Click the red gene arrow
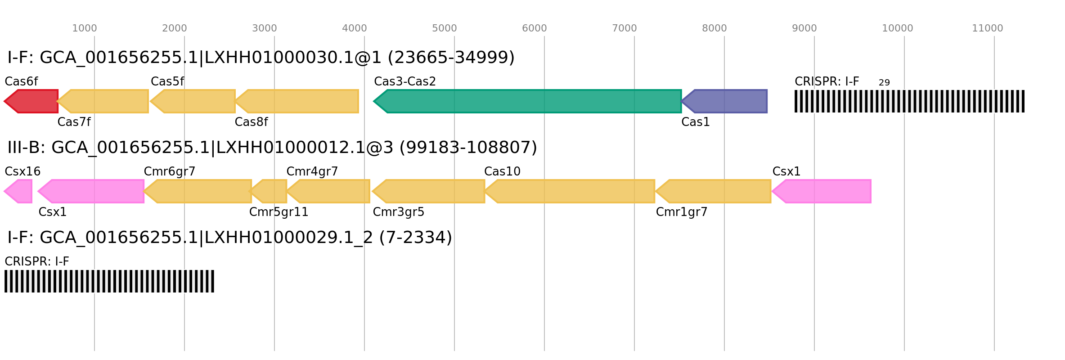point(32,101)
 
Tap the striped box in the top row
point(909,101)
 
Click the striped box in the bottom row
point(109,281)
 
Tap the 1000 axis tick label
point(84,28)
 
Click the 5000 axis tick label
point(444,28)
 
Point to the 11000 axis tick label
point(987,28)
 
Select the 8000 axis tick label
point(714,28)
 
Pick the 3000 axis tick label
point(264,28)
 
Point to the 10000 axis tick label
point(897,28)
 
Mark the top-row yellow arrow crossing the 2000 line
point(193,101)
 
